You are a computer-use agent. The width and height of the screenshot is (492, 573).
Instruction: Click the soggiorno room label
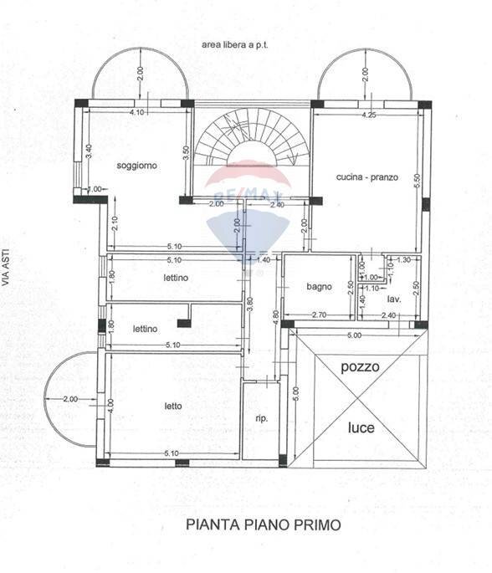(x=137, y=166)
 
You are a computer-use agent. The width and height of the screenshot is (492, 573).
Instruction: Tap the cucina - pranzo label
(x=366, y=177)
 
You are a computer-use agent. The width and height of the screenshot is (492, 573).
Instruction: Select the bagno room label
(x=319, y=286)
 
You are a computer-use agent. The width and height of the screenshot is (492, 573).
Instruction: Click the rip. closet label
(x=260, y=418)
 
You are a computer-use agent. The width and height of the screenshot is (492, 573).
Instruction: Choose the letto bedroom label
(x=172, y=407)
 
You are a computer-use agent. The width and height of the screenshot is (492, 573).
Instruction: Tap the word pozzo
(x=361, y=367)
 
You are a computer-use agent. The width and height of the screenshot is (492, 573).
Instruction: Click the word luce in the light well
(x=361, y=427)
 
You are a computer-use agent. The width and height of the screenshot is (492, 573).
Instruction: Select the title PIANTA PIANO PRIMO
(x=252, y=525)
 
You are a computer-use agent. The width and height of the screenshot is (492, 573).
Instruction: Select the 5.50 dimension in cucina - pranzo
(x=416, y=191)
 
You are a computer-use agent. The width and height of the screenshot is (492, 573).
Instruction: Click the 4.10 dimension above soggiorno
(x=138, y=112)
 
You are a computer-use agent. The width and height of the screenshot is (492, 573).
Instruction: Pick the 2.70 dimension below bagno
(x=318, y=315)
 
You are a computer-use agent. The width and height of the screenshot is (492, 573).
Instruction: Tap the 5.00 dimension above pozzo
(x=355, y=336)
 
